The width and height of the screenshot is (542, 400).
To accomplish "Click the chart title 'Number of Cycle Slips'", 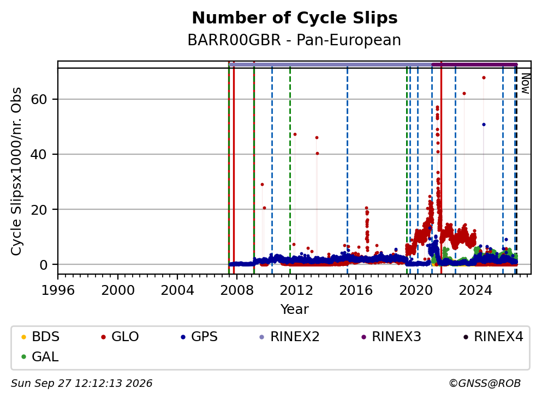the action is point(295,18).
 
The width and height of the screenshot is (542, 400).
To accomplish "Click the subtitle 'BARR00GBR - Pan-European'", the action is point(294,40).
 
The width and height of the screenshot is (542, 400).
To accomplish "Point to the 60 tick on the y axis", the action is point(39,99).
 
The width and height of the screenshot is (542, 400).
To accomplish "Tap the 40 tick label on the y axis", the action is point(39,154).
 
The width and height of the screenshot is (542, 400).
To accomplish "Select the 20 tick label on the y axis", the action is point(39,209).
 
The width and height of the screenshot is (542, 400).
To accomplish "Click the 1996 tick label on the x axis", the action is point(58,290).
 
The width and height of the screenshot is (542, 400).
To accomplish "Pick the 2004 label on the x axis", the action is point(177,290).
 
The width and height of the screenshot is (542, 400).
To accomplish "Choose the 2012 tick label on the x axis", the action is point(296,290).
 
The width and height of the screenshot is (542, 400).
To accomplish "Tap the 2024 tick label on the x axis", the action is point(475,290).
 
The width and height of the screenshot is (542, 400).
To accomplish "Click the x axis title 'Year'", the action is point(295,309).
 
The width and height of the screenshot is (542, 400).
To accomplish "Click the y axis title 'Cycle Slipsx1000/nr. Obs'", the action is point(16,172).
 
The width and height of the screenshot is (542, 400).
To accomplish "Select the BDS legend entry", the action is point(40,336).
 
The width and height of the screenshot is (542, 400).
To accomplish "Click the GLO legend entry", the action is point(120,336).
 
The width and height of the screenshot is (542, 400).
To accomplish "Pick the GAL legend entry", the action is point(40,356).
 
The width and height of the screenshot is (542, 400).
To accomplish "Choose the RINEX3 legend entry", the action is point(391,336).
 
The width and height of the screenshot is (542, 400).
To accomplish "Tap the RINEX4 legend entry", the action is point(493,336).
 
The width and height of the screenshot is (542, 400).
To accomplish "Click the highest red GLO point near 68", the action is point(484,77).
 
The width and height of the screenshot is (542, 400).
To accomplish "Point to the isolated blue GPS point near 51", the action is point(484,125).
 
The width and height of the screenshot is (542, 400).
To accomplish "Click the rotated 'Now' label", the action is point(526,83).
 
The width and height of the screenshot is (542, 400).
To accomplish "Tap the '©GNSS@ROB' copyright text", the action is point(485,384).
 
